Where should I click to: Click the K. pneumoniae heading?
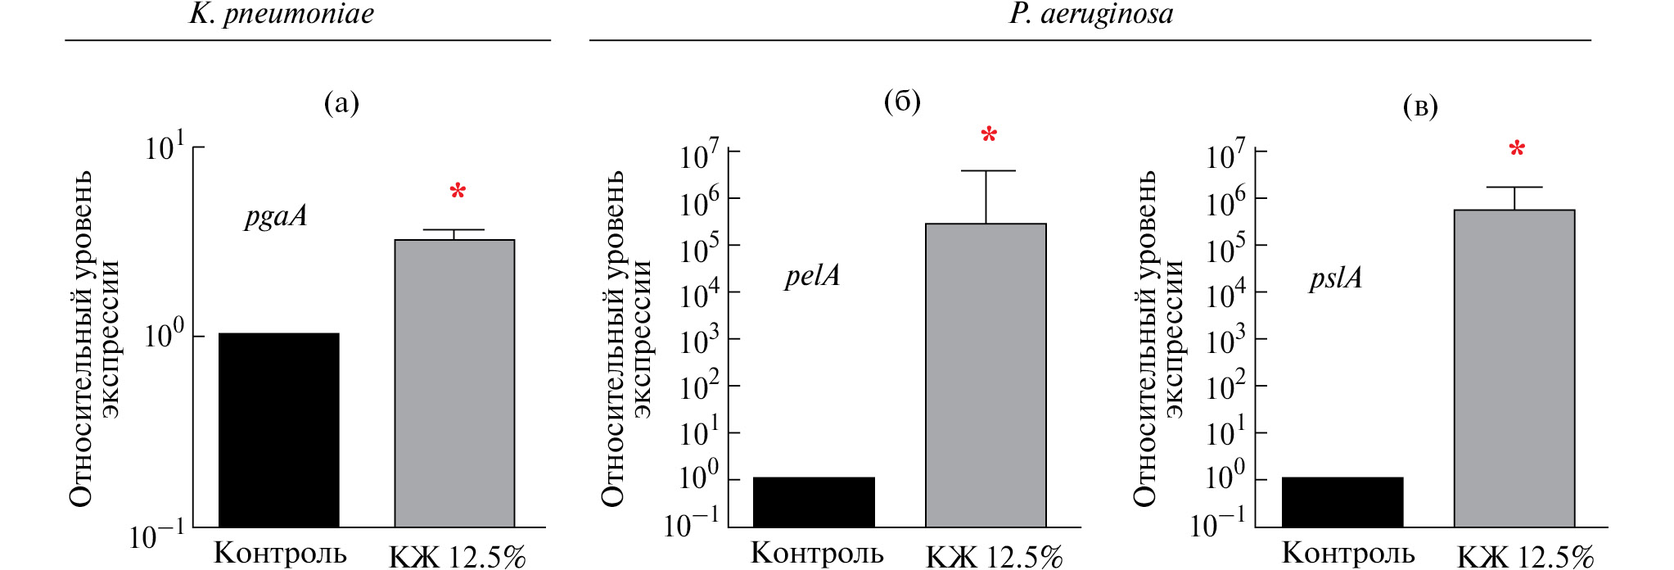282,15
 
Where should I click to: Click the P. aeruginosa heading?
1090,15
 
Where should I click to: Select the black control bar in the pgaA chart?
278,430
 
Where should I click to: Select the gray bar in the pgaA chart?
454,383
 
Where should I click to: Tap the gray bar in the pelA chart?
986,375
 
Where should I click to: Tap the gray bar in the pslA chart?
1514,369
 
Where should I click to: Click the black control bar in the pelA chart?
814,502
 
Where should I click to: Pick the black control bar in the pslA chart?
1342,502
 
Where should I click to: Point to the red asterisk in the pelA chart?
989,135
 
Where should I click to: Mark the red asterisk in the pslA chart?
1517,149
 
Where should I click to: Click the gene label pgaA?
276,217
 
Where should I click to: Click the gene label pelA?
812,276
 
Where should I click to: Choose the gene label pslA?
1336,278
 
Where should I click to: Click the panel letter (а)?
341,103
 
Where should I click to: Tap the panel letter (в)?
1420,106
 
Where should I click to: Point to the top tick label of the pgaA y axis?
165,148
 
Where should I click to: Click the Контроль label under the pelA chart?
817,554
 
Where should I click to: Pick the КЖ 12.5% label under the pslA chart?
1526,557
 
